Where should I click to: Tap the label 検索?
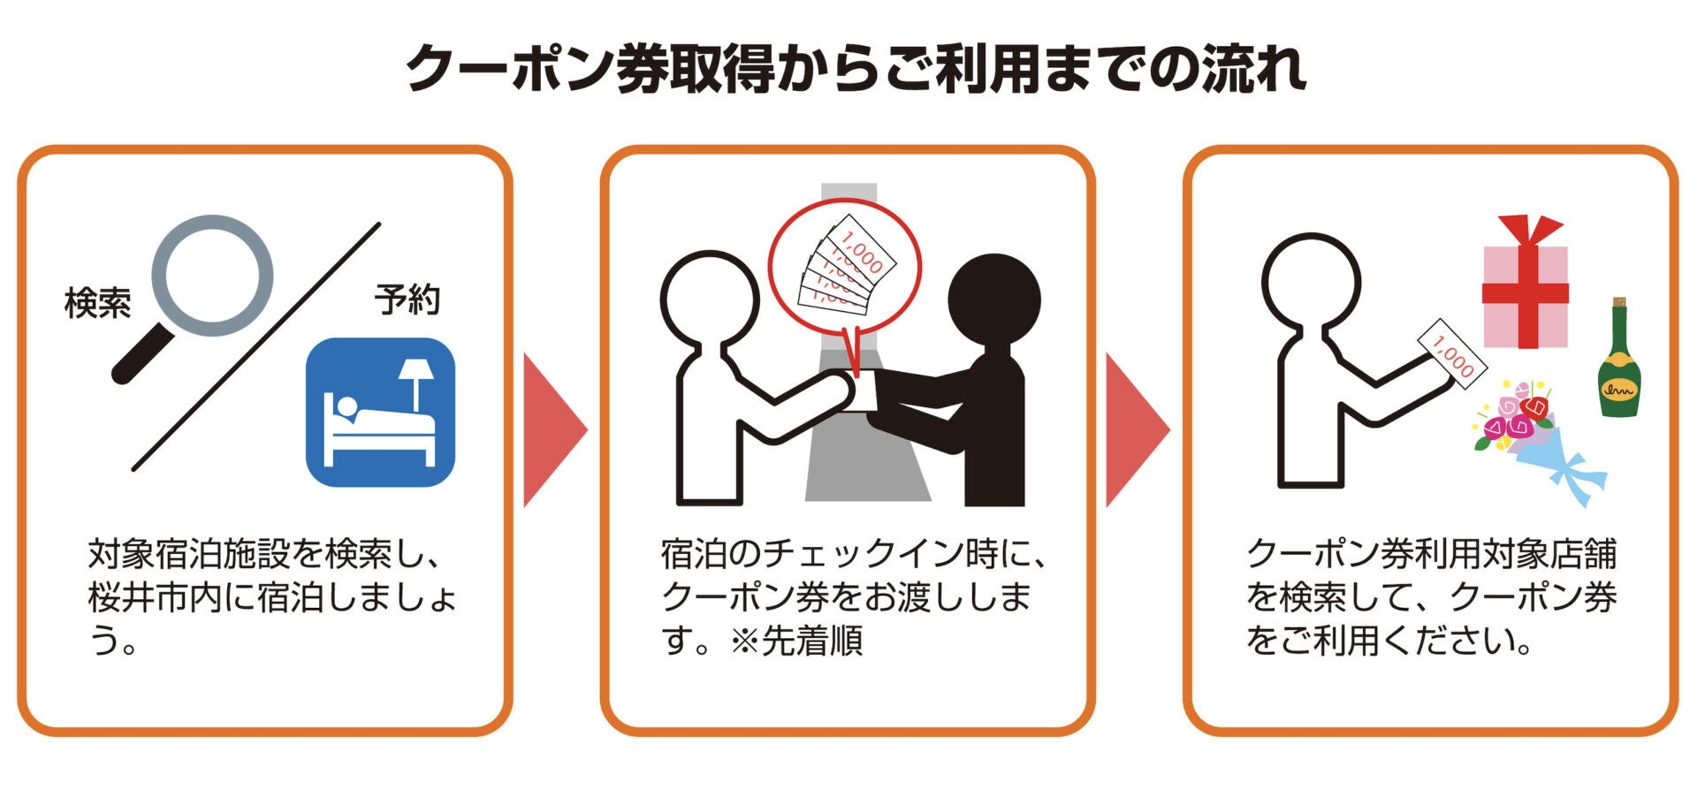97,303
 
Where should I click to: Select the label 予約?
407,300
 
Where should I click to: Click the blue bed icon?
380,412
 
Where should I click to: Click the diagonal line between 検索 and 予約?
256,346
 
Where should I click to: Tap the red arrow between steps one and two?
552,430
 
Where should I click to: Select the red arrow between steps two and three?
1136,430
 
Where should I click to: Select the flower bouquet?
1533,437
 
